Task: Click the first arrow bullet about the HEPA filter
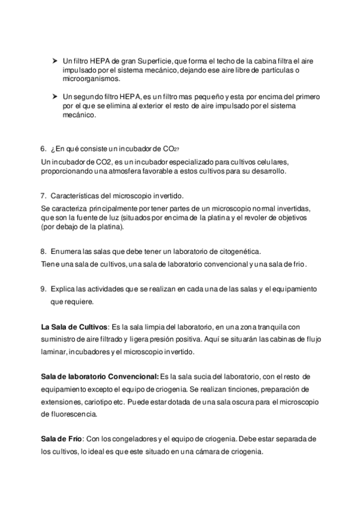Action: [55, 61]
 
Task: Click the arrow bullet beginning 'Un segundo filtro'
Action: [55, 97]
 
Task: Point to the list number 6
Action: [43, 149]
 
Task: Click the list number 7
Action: [43, 196]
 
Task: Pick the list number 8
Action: [43, 252]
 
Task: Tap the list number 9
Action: [43, 289]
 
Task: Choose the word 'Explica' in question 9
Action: [64, 289]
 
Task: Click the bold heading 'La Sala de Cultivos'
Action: [73, 327]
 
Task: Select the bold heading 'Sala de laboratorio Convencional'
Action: [99, 376]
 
